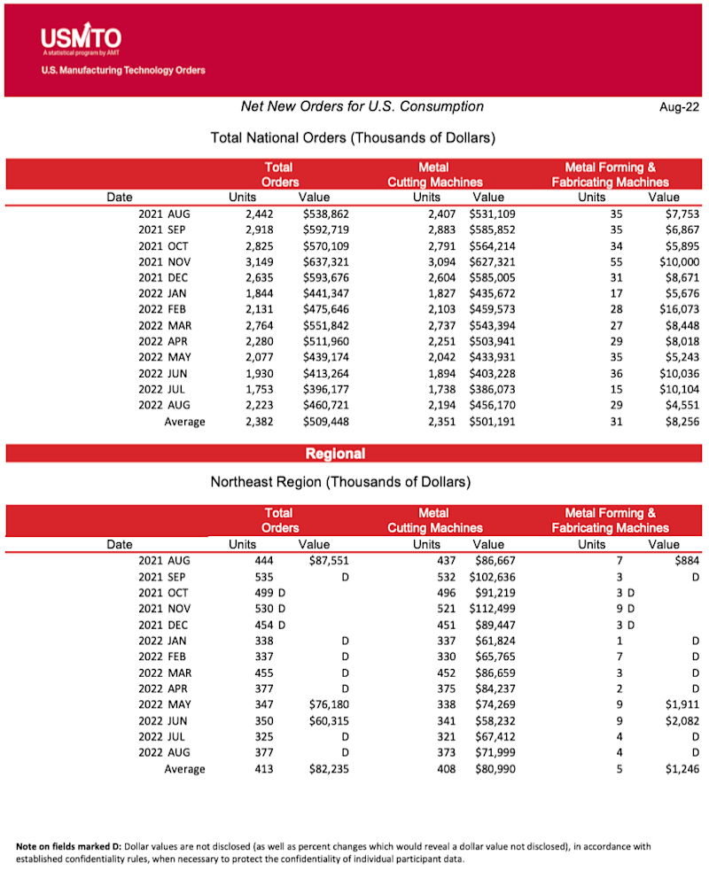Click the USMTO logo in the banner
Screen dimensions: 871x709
point(81,39)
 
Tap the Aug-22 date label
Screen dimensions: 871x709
point(678,107)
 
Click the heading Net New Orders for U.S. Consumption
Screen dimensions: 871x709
point(362,106)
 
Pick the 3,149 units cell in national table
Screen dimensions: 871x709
point(255,261)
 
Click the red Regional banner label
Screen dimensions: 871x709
point(335,454)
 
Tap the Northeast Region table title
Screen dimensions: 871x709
point(340,482)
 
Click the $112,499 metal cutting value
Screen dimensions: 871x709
point(497,608)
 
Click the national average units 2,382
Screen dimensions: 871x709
point(255,422)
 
